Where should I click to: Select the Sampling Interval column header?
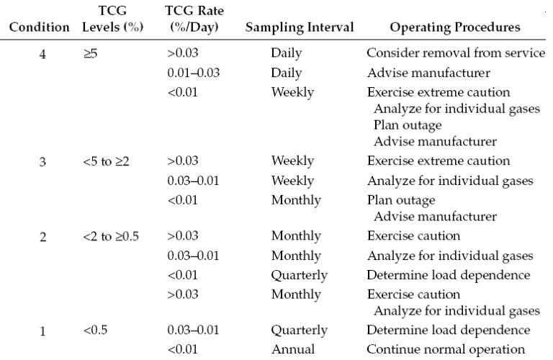pos(299,27)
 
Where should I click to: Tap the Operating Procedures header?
pos(444,27)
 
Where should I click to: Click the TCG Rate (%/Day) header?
pos(192,19)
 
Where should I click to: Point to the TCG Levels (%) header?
pos(112,19)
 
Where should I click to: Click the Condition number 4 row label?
pos(42,55)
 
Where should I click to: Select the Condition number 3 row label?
pos(42,161)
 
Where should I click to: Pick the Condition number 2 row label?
pos(42,237)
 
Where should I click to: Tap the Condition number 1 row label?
pos(42,331)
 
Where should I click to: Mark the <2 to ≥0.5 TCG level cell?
pos(113,237)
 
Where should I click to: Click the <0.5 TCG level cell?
pos(94,331)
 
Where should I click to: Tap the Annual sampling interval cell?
pos(292,350)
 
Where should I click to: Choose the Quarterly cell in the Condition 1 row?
pos(299,331)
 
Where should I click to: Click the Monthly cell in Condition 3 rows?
pos(295,199)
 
